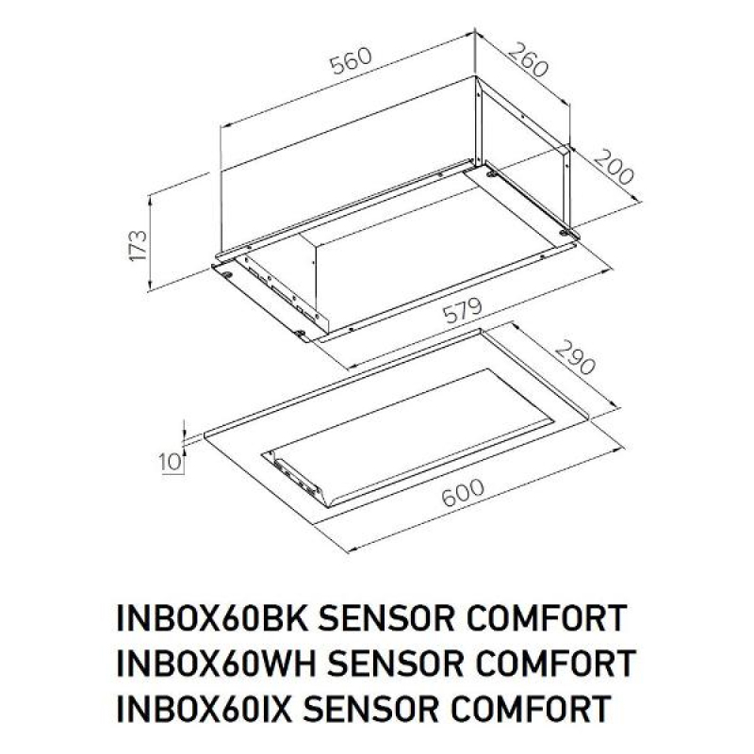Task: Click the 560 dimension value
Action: pyautogui.click(x=352, y=61)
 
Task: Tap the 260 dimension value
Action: pyautogui.click(x=528, y=59)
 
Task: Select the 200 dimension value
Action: pyautogui.click(x=614, y=168)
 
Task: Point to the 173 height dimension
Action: pyautogui.click(x=138, y=246)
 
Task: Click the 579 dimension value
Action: pyautogui.click(x=462, y=311)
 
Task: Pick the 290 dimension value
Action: pyautogui.click(x=575, y=357)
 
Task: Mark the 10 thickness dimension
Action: pyautogui.click(x=171, y=462)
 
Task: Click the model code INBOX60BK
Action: pyautogui.click(x=211, y=618)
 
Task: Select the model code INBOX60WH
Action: pyautogui.click(x=216, y=663)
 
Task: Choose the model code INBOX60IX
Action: pyautogui.click(x=204, y=708)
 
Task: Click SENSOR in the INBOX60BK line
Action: pyautogui.click(x=385, y=618)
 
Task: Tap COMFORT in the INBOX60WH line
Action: pyautogui.click(x=555, y=663)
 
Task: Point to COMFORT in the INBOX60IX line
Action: pyautogui.click(x=532, y=708)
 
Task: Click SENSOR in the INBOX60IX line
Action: pyautogui.click(x=371, y=708)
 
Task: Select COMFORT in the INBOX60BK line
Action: pyautogui.click(x=547, y=618)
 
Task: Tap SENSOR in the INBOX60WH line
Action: pyautogui.click(x=395, y=663)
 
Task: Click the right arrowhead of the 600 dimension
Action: pyautogui.click(x=617, y=450)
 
